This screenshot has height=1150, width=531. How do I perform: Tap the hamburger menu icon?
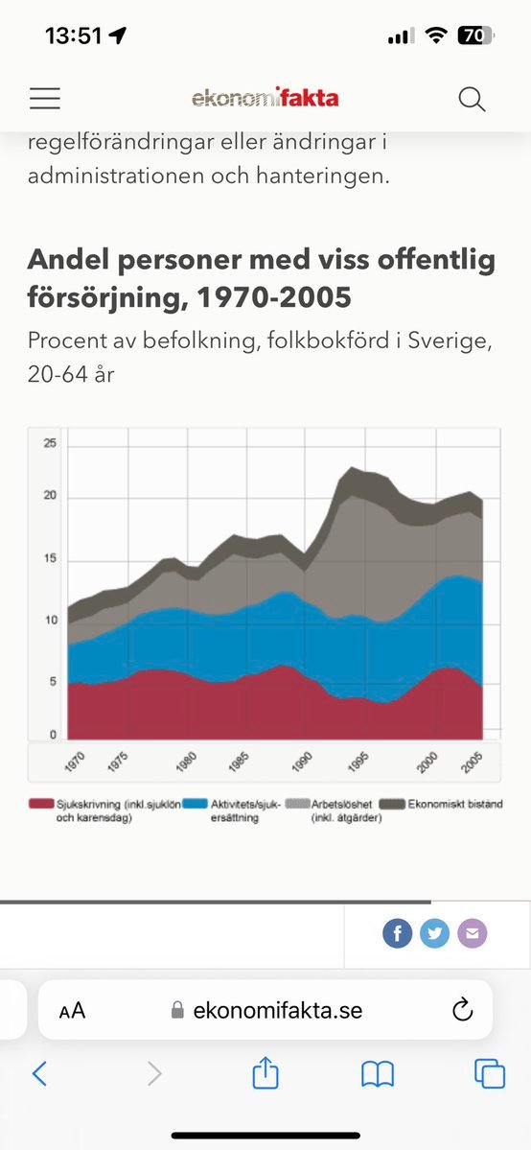[45, 98]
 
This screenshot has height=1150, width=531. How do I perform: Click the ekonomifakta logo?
[265, 98]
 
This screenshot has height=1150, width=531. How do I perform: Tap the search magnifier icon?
[472, 98]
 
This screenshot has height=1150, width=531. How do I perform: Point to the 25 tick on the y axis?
[50, 444]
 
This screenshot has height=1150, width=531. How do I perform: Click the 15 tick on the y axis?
[50, 559]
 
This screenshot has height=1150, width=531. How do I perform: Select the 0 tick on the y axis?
[54, 735]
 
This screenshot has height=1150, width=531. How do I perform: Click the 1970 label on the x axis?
[75, 763]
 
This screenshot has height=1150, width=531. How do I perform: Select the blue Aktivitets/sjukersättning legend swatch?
[195, 804]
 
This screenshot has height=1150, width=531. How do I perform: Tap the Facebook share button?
[397, 933]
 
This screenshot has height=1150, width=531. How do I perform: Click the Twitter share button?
[434, 933]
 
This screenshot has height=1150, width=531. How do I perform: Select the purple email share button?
[472, 933]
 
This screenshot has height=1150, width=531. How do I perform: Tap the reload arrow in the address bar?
[462, 1009]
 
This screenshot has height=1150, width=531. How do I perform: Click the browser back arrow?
[39, 1074]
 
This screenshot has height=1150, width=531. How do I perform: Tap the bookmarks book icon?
[378, 1074]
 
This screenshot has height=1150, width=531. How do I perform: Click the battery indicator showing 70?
[473, 36]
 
